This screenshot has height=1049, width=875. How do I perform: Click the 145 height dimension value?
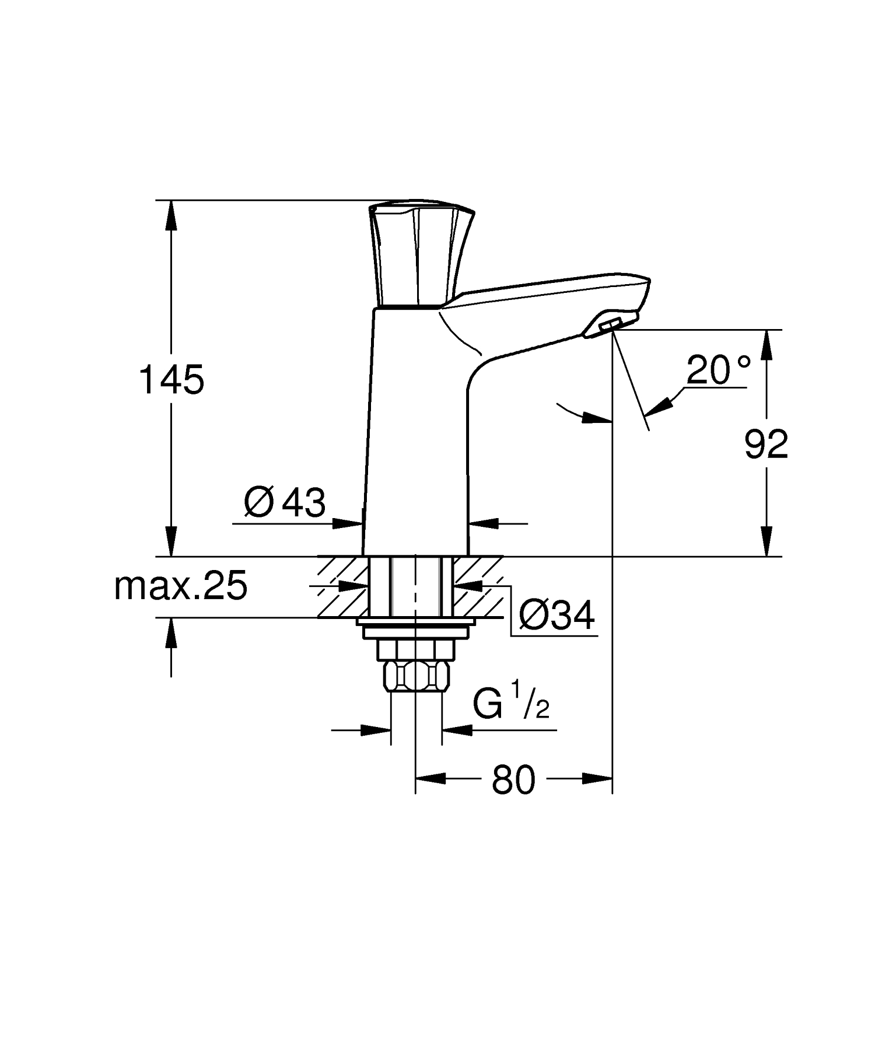coord(171,380)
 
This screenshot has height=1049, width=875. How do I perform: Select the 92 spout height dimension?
coord(766,445)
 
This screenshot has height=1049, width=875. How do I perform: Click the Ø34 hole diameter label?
coord(556,616)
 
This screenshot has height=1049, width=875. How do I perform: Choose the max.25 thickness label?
coord(181,586)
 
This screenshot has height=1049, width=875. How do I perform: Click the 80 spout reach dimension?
coord(513,780)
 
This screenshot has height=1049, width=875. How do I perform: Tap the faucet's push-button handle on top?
coord(422,254)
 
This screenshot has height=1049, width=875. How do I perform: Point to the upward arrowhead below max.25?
coord(171,634)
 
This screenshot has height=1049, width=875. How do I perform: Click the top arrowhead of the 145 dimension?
coord(171,216)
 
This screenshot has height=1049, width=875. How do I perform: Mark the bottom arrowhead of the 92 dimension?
coord(766,541)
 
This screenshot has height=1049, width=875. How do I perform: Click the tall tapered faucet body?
coord(415,432)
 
